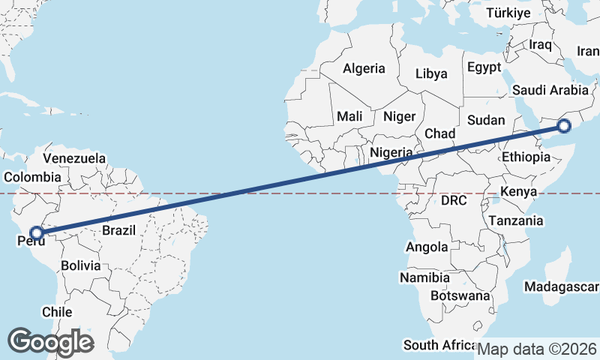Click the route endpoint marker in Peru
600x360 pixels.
point(36,233)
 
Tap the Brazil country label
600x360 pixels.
point(119,230)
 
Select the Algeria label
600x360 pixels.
point(364,68)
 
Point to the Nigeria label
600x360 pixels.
point(391,152)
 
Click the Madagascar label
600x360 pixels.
point(562,287)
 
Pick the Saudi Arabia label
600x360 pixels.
point(550,90)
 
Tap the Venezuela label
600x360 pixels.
point(74,158)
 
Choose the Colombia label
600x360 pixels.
point(32,177)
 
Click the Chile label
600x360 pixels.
point(57,312)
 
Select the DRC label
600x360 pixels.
point(454,201)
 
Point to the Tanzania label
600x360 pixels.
point(516,220)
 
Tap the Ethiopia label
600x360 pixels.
point(526,157)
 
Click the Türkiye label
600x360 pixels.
point(508,13)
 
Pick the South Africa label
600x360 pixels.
point(439,345)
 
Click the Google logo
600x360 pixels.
point(50,341)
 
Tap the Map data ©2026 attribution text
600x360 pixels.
point(537,349)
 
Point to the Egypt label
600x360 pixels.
point(484,67)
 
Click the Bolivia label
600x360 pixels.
point(80,265)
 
